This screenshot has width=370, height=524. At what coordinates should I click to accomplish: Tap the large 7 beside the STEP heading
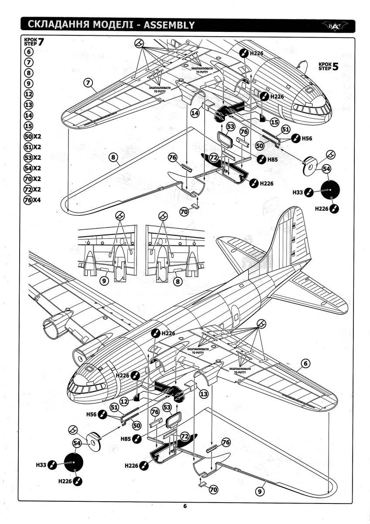pyautogui.click(x=42, y=42)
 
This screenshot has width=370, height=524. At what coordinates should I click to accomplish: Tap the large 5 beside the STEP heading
pyautogui.click(x=335, y=67)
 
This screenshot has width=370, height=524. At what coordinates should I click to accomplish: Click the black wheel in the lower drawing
pyautogui.click(x=73, y=464)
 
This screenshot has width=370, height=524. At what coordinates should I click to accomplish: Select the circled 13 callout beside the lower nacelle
pyautogui.click(x=202, y=394)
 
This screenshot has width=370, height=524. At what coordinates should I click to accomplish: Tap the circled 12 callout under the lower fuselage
pyautogui.click(x=124, y=400)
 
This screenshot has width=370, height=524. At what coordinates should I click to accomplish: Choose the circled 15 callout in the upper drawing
pyautogui.click(x=275, y=122)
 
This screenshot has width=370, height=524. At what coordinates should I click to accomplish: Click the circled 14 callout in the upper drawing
pyautogui.click(x=195, y=113)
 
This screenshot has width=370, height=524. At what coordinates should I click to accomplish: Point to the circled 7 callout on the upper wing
pyautogui.click(x=88, y=83)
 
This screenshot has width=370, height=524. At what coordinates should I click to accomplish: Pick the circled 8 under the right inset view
pyautogui.click(x=178, y=282)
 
